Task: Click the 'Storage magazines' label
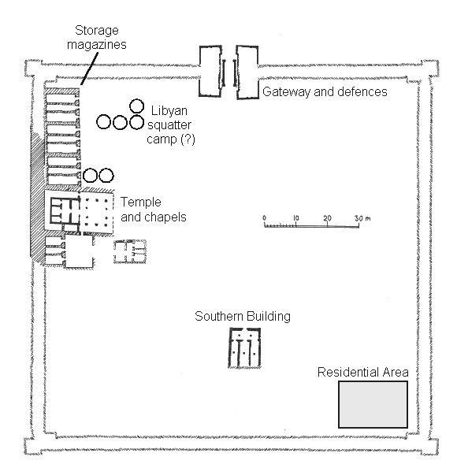[x=96, y=37]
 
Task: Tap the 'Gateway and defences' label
[x=325, y=91]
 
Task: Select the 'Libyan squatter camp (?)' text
[x=170, y=125]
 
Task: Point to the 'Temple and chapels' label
[x=154, y=210]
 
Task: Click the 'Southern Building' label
[x=243, y=317]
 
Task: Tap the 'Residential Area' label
[x=362, y=372]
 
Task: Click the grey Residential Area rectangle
[x=373, y=404]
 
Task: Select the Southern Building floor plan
[x=245, y=347]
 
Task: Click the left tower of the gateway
[x=210, y=71]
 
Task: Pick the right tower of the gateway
[x=247, y=72]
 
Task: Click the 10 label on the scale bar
[x=295, y=218]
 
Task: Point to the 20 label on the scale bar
[x=328, y=218]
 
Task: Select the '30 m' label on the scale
[x=362, y=218]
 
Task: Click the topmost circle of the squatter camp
[x=137, y=106]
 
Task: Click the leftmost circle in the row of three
[x=103, y=122]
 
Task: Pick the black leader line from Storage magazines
[x=89, y=69]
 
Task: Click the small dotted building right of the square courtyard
[x=130, y=252]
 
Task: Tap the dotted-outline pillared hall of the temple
[x=97, y=213]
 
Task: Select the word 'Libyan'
[x=169, y=111]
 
